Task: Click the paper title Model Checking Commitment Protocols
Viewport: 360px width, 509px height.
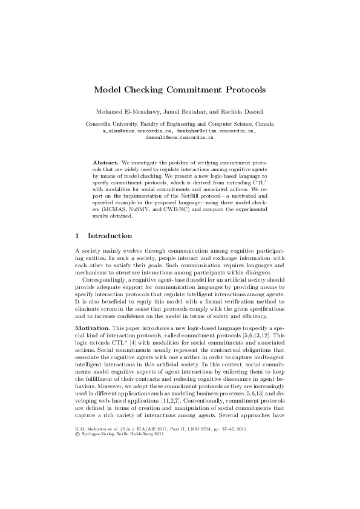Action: [180, 89]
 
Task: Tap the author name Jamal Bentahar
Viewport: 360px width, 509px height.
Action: [185, 112]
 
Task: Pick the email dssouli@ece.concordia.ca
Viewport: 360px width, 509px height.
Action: [180, 137]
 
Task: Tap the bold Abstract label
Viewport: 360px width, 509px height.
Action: [105, 163]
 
